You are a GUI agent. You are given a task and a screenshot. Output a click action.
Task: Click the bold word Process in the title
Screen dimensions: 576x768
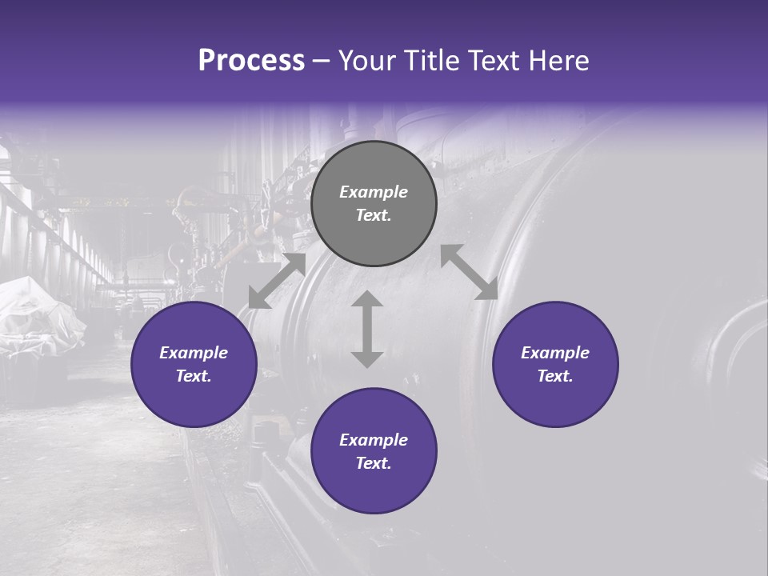[x=251, y=61]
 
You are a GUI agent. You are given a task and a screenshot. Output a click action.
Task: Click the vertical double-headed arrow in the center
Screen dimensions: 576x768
[x=367, y=329]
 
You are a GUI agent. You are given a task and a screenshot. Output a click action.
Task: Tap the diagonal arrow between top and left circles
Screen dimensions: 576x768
[x=277, y=280]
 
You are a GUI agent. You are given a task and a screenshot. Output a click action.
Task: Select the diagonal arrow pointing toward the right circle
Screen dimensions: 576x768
[x=469, y=272]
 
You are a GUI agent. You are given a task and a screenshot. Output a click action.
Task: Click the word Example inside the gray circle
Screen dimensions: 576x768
[x=374, y=192]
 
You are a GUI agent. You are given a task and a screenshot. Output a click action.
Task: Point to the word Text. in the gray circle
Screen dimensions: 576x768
[x=374, y=215]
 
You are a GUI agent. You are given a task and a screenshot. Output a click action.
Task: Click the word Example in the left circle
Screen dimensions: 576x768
[x=194, y=353]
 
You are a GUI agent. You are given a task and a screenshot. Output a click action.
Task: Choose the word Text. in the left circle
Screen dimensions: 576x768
[x=194, y=376]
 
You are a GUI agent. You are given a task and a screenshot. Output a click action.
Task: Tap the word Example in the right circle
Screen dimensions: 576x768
[x=555, y=353]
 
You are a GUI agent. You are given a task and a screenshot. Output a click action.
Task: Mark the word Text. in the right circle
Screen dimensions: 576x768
[x=555, y=376]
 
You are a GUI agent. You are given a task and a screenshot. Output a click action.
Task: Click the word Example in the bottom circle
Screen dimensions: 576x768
[x=374, y=440]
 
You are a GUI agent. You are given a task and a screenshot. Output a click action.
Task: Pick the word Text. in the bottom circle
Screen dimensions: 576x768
[x=374, y=463]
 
